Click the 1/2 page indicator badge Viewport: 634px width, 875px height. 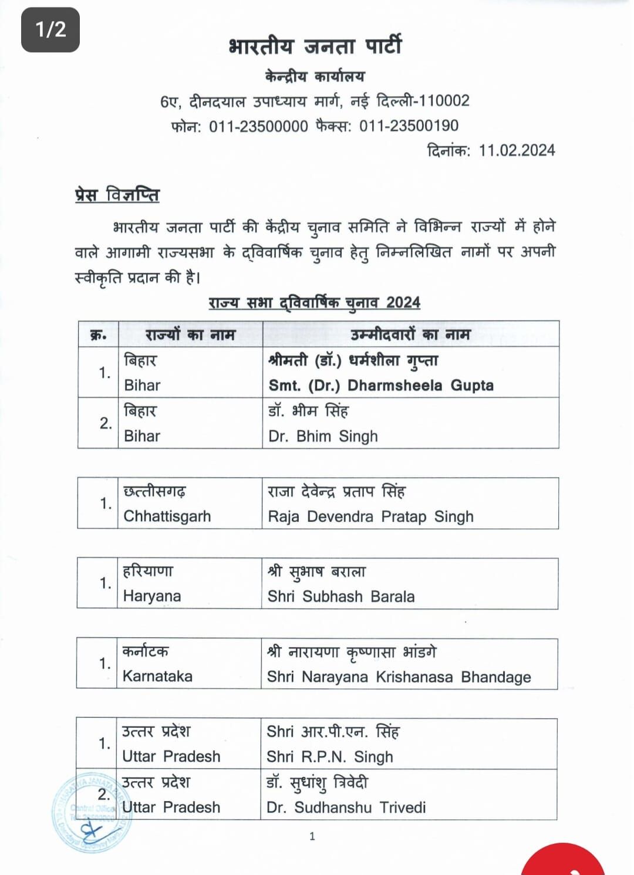[50, 29]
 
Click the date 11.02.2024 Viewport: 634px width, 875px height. [517, 151]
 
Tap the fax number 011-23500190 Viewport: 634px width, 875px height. [409, 126]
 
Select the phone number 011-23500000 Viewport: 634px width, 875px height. [258, 126]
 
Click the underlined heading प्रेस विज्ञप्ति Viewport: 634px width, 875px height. [117, 195]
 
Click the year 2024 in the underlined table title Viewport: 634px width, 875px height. [403, 303]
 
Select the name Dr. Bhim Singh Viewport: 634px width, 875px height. [323, 437]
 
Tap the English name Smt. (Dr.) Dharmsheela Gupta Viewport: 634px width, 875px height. [381, 386]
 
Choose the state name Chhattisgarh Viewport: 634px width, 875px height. [167, 516]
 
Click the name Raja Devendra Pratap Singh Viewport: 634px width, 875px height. [370, 516]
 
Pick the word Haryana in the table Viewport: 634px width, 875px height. [151, 596]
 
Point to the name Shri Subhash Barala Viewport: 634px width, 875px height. [340, 596]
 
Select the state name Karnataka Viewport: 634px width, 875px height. [157, 677]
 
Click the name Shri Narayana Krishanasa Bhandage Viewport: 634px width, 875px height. [399, 677]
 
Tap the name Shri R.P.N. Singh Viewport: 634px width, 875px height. [329, 757]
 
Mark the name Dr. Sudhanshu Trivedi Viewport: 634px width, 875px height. [346, 808]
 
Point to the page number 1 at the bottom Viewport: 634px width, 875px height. [312, 836]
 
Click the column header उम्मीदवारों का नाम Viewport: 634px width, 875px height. [410, 335]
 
